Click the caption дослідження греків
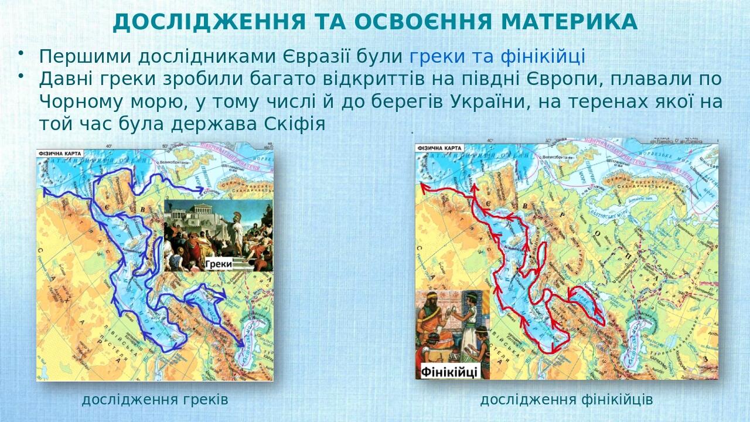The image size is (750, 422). [155, 400]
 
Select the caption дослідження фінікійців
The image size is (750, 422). [566, 400]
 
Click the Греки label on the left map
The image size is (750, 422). [219, 264]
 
